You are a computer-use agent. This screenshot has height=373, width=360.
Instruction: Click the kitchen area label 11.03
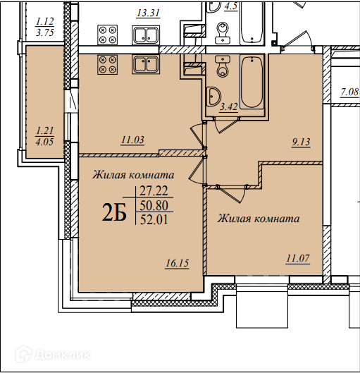(132, 140)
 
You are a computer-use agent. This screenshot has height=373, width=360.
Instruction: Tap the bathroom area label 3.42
(228, 106)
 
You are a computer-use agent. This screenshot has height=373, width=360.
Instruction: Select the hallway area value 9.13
(301, 142)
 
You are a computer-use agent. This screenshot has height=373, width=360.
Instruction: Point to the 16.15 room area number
(178, 263)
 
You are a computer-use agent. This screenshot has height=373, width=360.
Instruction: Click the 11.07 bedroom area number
(298, 258)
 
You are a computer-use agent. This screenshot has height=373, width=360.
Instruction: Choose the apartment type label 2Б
(114, 213)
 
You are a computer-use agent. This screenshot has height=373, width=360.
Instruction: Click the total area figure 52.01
(154, 219)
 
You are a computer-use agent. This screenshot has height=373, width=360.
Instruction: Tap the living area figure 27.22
(154, 191)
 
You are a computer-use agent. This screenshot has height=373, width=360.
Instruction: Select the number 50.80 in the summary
(154, 205)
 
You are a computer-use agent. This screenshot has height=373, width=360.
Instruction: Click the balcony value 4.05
(44, 142)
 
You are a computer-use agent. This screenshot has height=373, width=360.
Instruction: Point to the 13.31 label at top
(149, 13)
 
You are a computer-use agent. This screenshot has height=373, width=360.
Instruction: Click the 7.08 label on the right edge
(349, 92)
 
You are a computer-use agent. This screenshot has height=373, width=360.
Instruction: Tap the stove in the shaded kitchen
(107, 64)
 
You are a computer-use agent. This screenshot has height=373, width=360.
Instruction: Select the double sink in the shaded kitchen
(146, 64)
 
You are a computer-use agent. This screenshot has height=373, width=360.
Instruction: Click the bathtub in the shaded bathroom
(252, 82)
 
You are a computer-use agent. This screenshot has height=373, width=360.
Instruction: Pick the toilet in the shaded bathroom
(222, 66)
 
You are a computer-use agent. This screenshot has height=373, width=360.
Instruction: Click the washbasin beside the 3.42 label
(213, 97)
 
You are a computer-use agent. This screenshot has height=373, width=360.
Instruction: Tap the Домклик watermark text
(63, 355)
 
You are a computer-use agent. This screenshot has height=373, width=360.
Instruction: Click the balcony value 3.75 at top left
(45, 32)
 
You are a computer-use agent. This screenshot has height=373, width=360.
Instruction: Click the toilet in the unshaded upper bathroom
(223, 33)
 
